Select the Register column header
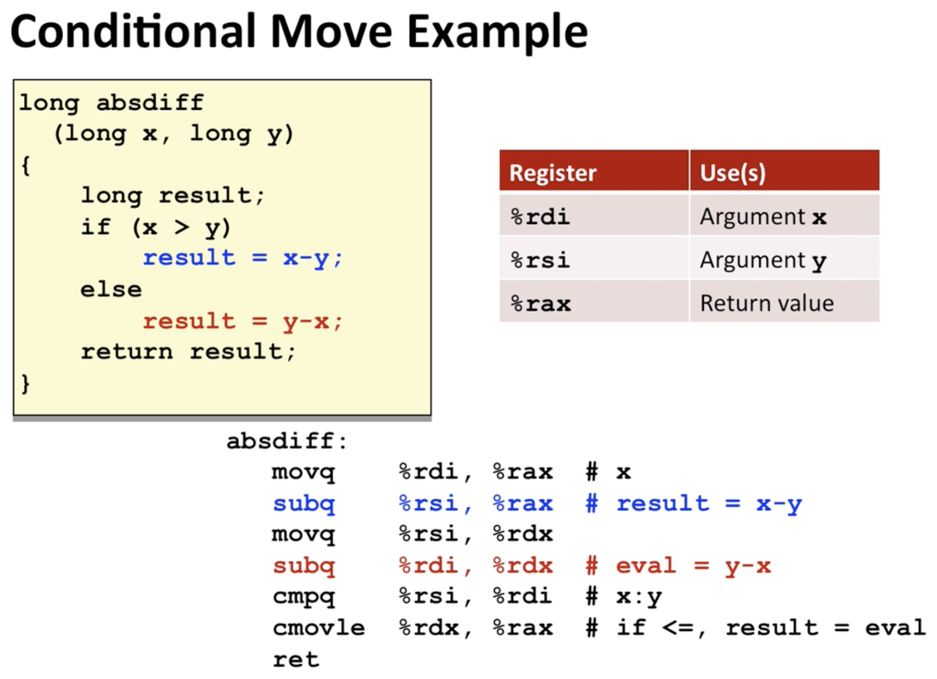(594, 171)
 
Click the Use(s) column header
(784, 171)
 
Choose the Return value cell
(784, 302)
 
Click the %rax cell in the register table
(594, 302)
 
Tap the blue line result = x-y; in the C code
(243, 258)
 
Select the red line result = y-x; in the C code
(243, 321)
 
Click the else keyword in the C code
(111, 289)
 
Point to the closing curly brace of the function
(26, 384)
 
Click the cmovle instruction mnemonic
(319, 627)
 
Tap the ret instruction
(296, 659)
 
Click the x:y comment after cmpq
(639, 597)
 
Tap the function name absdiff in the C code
(150, 102)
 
